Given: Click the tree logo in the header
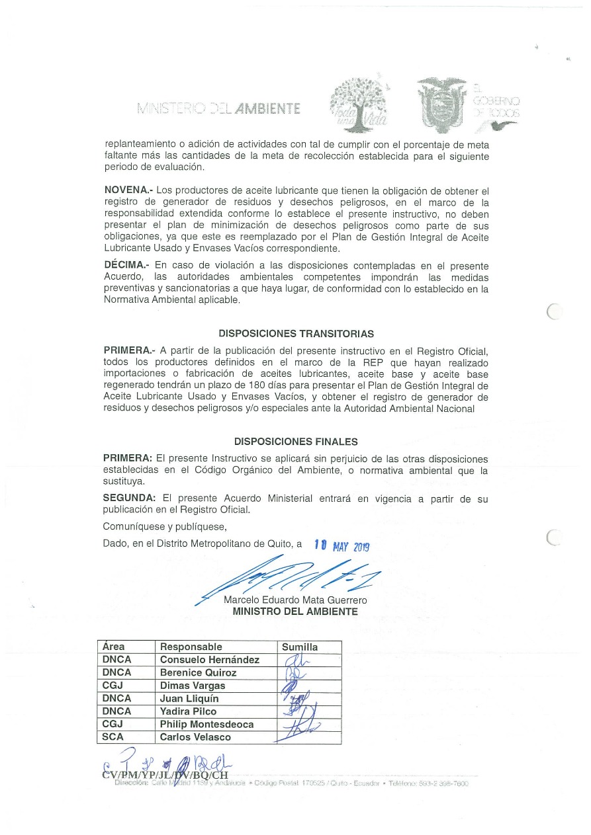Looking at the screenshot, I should click(360, 104).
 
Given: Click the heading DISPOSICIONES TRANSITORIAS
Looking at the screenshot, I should click(296, 334).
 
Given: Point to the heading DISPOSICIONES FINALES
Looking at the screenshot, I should click(296, 442).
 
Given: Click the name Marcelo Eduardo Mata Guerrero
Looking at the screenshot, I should click(295, 600).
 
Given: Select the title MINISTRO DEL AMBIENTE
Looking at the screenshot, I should click(295, 612).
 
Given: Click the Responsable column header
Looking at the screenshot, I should click(191, 647).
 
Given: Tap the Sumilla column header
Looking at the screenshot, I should click(300, 647).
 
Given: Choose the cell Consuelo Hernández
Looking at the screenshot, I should click(210, 660).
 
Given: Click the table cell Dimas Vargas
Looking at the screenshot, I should click(193, 686).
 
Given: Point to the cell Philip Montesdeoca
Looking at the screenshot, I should click(206, 724).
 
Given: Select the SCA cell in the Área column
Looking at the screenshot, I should click(113, 737).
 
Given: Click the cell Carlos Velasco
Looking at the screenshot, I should click(195, 737).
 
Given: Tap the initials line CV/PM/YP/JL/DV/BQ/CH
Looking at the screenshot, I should click(165, 775).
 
